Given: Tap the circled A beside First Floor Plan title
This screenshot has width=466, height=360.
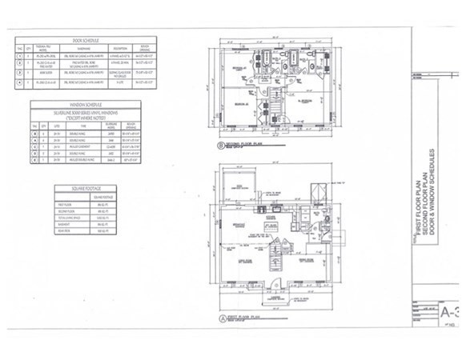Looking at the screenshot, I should click(x=222, y=318).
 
